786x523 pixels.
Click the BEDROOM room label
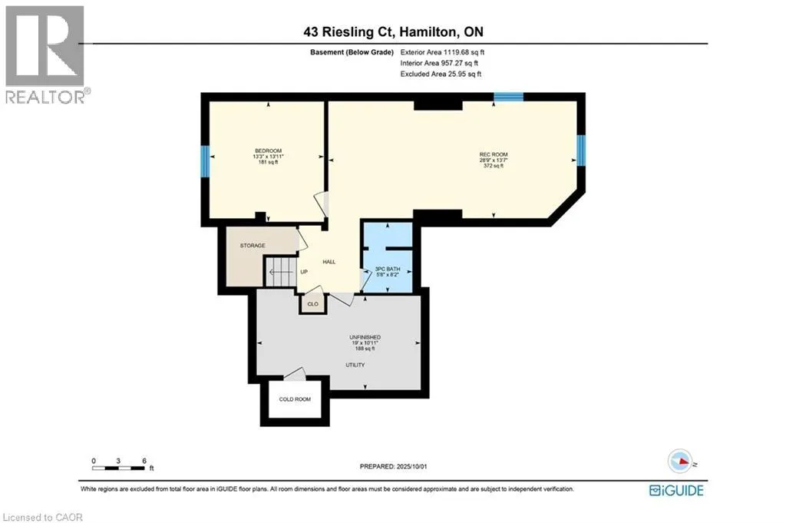[269, 150]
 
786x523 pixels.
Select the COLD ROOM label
[296, 399]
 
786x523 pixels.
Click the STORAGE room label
[252, 246]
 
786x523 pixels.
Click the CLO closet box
[312, 304]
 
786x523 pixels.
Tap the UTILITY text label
[354, 365]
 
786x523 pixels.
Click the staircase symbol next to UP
[279, 271]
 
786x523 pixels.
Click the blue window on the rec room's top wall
[508, 97]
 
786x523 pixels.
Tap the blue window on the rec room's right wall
[581, 150]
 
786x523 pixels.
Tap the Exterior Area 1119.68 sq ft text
[443, 52]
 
